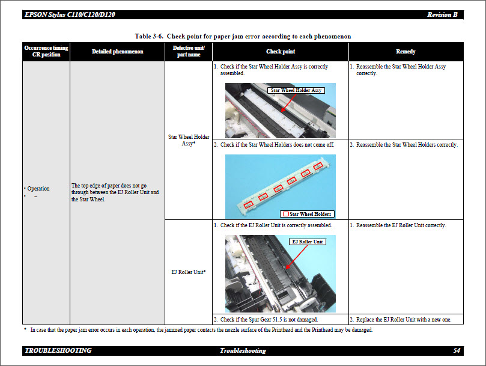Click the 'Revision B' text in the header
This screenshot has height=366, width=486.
[442, 14]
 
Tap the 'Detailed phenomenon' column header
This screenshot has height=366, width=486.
[117, 52]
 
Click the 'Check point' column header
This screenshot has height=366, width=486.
[281, 52]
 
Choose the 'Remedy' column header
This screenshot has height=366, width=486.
[406, 52]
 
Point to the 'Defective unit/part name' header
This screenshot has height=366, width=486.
[189, 51]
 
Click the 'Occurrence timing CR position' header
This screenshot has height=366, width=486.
[46, 51]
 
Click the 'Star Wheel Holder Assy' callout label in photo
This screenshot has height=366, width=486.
[296, 90]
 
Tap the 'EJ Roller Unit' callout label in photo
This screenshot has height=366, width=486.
[307, 242]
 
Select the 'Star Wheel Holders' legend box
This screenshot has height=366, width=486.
[307, 214]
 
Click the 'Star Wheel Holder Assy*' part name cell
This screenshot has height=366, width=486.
[189, 140]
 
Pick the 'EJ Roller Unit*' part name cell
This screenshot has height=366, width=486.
[189, 272]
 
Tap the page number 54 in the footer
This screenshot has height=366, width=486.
[457, 350]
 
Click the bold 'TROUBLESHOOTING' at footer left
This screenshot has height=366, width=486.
[58, 350]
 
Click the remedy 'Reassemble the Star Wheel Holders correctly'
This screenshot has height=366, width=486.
[406, 145]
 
